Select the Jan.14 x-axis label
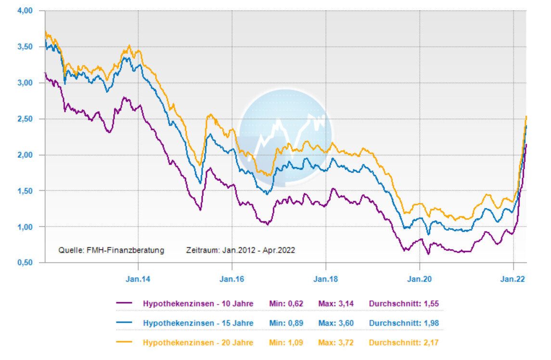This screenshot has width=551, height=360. [x=138, y=279]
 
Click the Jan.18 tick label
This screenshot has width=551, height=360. [x=326, y=279]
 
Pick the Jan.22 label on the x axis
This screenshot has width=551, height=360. [x=513, y=279]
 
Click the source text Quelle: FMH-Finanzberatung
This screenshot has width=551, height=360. [x=111, y=250]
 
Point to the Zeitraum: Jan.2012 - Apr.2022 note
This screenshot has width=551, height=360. [x=240, y=250]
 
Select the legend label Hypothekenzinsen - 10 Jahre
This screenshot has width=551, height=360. [x=198, y=303]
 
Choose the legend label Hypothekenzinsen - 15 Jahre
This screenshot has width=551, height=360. [x=198, y=323]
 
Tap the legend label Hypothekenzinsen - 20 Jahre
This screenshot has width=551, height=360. [x=198, y=343]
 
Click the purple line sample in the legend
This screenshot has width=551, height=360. [x=124, y=303]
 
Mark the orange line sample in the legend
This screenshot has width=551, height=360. [x=124, y=343]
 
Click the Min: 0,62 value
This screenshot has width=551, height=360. [x=285, y=303]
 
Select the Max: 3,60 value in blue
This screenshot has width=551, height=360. [x=336, y=323]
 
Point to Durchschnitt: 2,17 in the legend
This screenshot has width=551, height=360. [x=404, y=343]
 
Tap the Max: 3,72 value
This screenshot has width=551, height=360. [x=336, y=343]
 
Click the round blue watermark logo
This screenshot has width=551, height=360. [x=285, y=137]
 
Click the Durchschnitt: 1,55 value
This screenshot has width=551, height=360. [x=404, y=303]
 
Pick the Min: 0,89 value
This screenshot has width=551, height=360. [x=285, y=323]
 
